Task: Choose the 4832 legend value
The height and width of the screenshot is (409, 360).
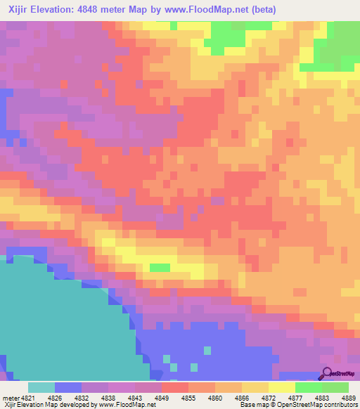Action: pyautogui.click(x=82, y=397)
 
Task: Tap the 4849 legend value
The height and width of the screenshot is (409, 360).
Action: pyautogui.click(x=162, y=397)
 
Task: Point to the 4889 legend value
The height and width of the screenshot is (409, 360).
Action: pyautogui.click(x=349, y=397)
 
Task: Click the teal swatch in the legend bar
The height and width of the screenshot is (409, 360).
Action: pyautogui.click(x=41, y=387)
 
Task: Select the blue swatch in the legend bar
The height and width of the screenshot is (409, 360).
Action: pyautogui.click(x=67, y=387)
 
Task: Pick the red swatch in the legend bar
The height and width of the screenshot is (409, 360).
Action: pyautogui.click(x=175, y=387)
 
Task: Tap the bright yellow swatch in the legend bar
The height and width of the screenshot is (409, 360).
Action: pyautogui.click(x=282, y=387)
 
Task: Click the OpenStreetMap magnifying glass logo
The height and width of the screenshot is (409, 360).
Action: pyautogui.click(x=328, y=374)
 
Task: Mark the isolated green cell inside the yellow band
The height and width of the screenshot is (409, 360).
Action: pyautogui.click(x=160, y=267)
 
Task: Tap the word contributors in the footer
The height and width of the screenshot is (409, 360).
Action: pyautogui.click(x=340, y=405)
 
